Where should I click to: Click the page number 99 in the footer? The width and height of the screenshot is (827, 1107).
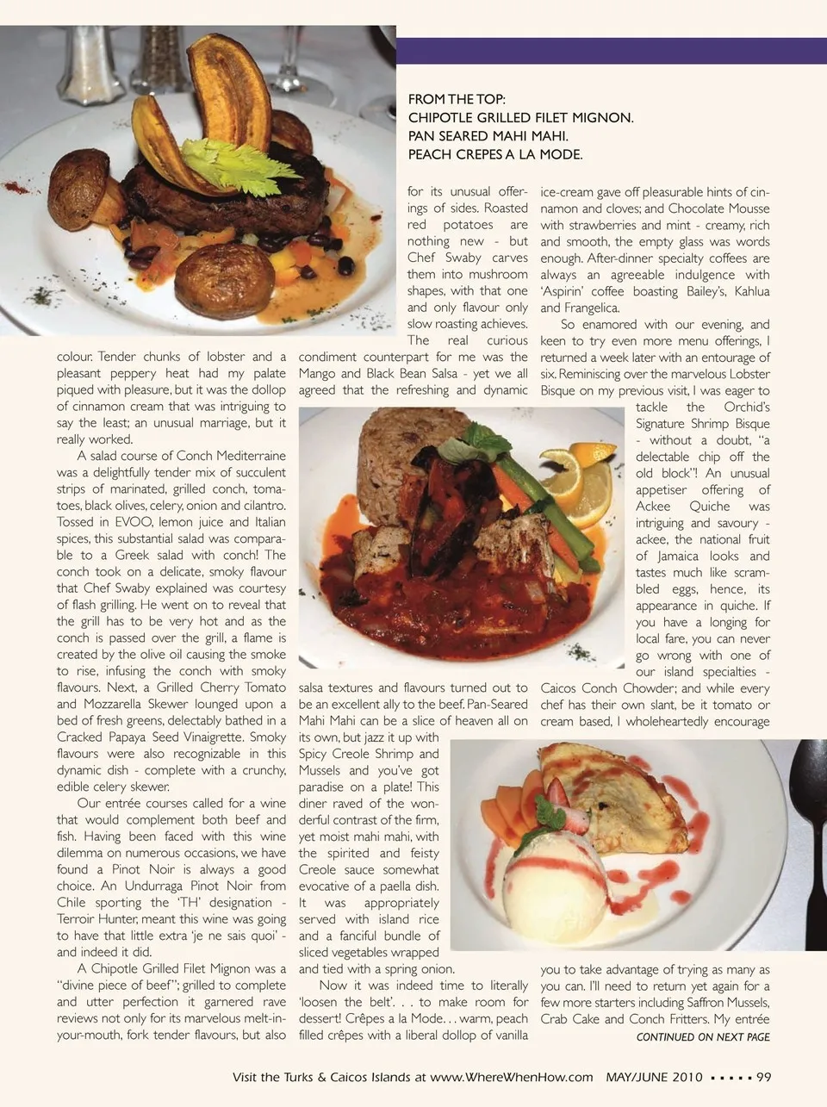tap(763, 1077)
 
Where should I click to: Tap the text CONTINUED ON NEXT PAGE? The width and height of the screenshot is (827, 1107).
tap(703, 1037)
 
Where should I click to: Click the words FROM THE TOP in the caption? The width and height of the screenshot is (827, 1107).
tap(457, 99)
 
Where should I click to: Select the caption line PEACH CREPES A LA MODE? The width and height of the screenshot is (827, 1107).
tap(495, 155)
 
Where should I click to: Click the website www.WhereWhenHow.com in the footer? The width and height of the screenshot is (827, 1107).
tap(512, 1077)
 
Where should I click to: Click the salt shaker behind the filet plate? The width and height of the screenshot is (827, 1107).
tap(91, 65)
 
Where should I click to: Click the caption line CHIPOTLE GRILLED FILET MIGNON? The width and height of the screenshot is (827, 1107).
tap(520, 118)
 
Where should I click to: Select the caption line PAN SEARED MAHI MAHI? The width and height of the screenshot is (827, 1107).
tap(488, 136)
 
